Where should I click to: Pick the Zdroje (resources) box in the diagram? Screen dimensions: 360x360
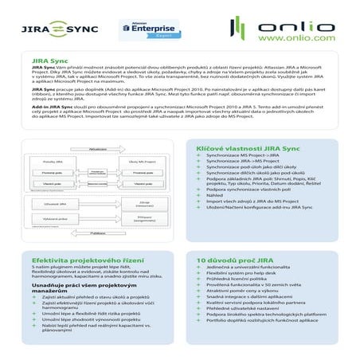144,205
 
